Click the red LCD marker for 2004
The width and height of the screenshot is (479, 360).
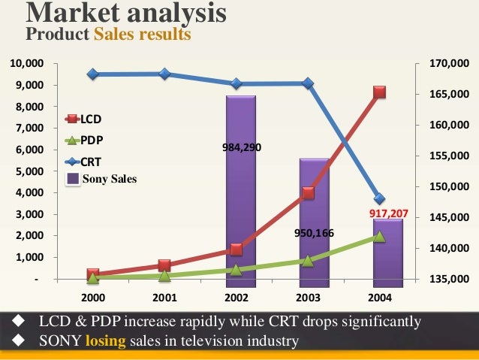pos(379,92)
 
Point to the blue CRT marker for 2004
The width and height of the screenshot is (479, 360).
pos(379,199)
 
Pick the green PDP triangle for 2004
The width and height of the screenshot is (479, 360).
pos(379,236)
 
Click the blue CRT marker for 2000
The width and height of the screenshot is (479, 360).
pos(93,74)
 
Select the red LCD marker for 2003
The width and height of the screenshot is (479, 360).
pos(308,193)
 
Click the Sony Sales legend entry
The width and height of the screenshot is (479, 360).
pos(101,179)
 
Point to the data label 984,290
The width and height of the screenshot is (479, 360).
pos(241,148)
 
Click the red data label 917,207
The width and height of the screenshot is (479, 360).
pos(389,214)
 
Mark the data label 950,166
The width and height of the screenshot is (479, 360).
pos(312,233)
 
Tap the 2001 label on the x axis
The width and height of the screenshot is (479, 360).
pos(164,298)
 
